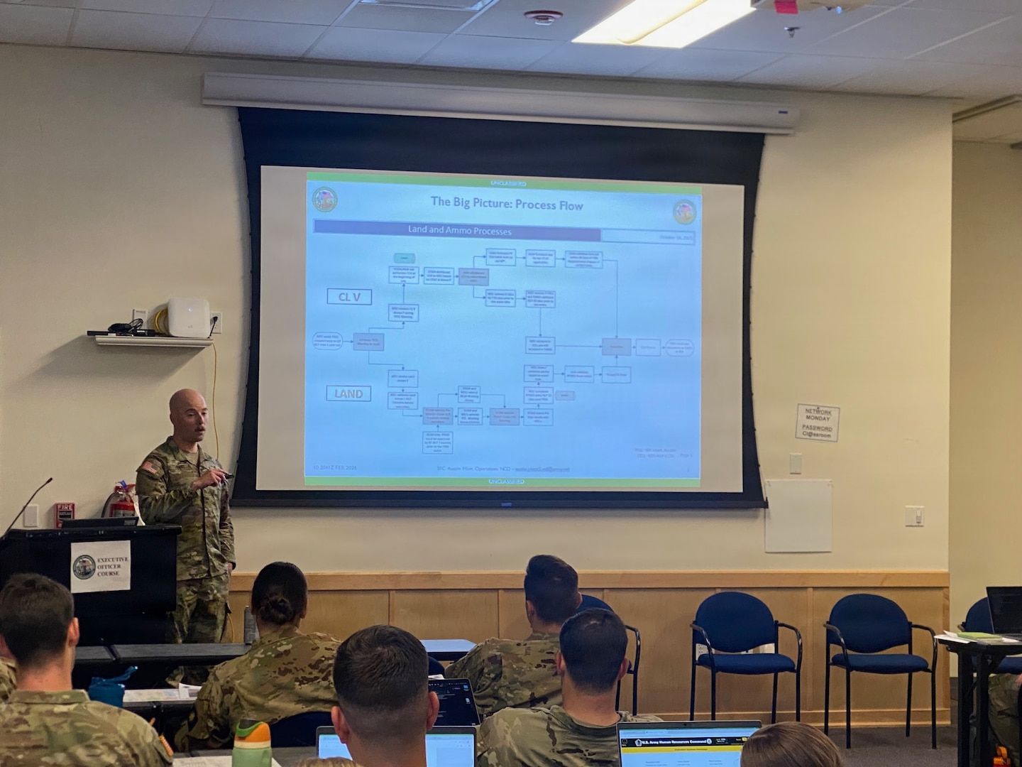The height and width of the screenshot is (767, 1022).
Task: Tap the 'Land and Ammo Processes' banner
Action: [x=458, y=231]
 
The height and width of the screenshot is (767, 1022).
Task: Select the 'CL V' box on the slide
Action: [x=348, y=297]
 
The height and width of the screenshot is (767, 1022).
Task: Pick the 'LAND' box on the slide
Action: [x=348, y=393]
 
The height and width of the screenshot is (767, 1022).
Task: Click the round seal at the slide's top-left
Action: [x=325, y=200]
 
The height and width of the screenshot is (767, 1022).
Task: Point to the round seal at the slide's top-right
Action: [x=684, y=210]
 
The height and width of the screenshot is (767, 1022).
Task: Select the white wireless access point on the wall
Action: [x=189, y=316]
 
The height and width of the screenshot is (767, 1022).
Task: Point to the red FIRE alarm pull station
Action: [x=65, y=513]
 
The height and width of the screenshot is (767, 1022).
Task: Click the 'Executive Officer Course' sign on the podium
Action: [x=101, y=566]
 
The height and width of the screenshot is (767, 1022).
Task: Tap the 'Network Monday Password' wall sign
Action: [x=817, y=422]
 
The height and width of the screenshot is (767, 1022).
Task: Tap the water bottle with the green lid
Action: [x=252, y=743]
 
